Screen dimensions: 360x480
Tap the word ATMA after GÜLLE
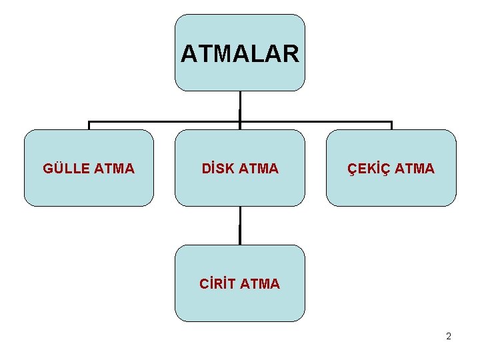coord(115,169)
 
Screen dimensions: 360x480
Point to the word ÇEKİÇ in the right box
coord(369,169)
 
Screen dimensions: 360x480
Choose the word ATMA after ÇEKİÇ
coord(415,169)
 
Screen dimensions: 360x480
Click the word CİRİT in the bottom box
coord(217,284)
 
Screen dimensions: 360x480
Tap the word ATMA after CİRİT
coord(260,284)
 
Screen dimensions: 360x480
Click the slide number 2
coord(449,337)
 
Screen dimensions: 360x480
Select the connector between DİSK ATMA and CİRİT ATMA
coord(239,225)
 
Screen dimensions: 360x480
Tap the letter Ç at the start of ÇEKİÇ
coord(353,169)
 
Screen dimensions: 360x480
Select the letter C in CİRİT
coord(204,284)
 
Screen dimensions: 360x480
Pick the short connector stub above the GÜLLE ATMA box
coord(89,125)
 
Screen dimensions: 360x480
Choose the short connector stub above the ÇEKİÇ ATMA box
coord(391,125)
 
